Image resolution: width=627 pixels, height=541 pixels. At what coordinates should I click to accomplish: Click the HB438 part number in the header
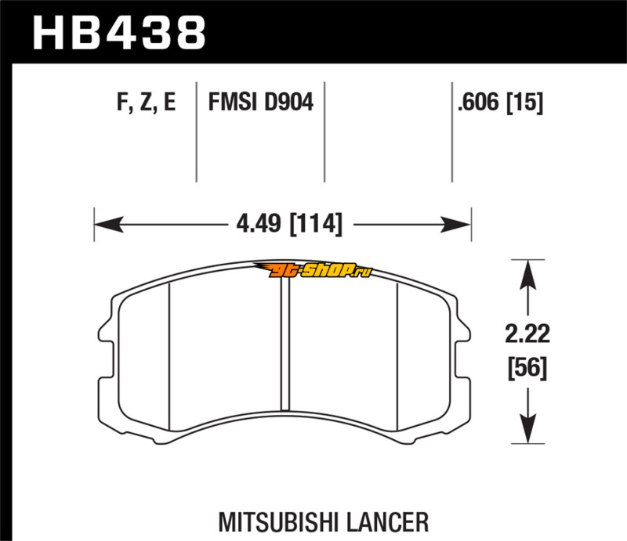118,33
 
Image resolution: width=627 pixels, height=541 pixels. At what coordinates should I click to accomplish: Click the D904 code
288,103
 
